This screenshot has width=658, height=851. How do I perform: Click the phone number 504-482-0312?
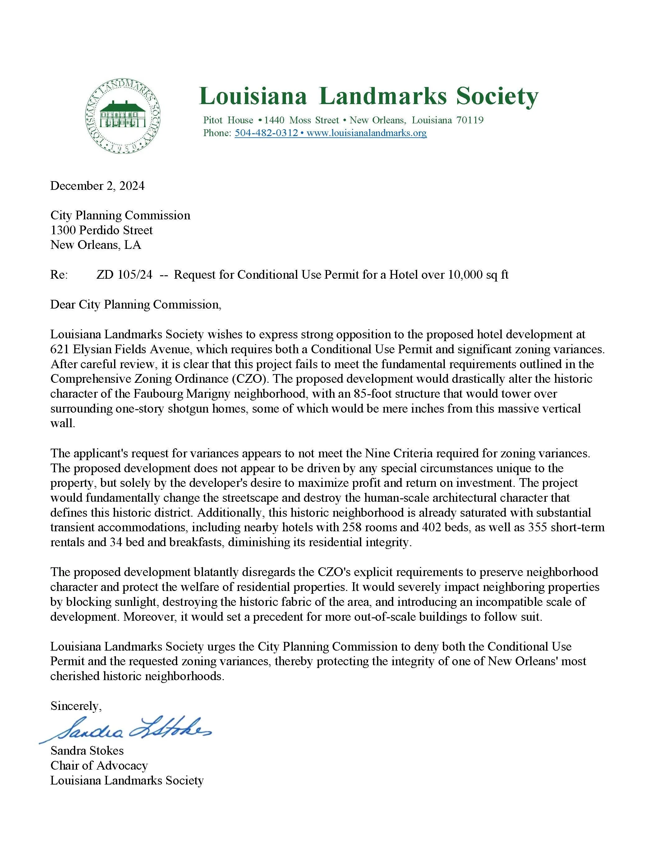pos(266,133)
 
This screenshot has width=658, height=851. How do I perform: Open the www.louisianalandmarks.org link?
pos(366,133)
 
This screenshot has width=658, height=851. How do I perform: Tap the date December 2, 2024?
pos(98,185)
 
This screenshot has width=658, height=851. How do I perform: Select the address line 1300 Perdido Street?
pos(101,230)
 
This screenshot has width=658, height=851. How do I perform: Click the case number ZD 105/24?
pos(124,275)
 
